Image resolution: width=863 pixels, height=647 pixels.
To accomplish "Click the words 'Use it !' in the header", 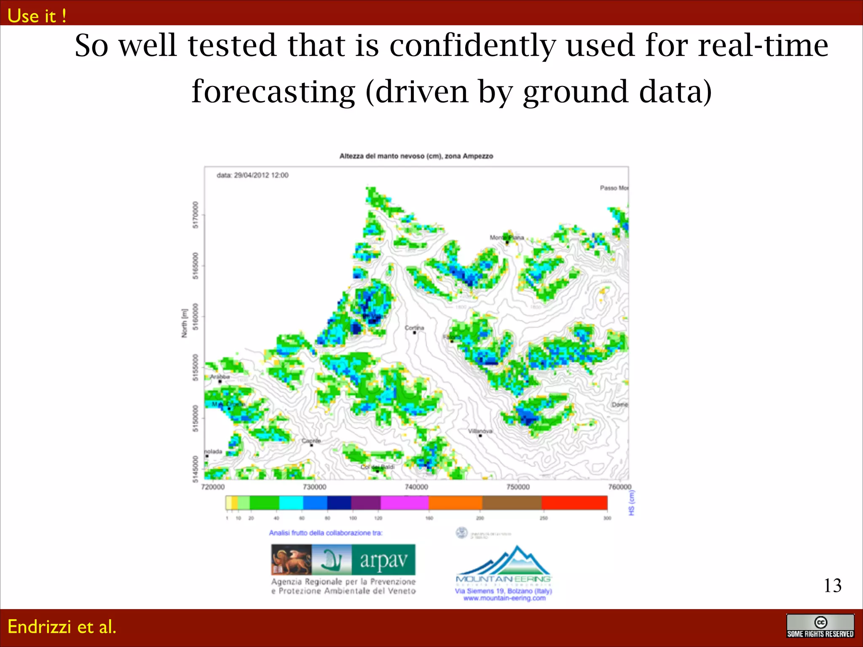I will (37, 16).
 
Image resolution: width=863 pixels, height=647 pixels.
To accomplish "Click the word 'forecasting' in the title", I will (273, 91).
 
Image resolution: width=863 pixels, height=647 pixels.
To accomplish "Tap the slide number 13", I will (832, 586).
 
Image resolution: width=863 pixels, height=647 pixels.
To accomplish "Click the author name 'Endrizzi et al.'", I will (62, 627).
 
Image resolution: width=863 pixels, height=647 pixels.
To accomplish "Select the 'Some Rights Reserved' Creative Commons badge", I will (820, 626).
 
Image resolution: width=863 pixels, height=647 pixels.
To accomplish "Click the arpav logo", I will (343, 560).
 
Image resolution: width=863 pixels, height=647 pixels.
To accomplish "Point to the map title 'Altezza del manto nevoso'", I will (416, 156).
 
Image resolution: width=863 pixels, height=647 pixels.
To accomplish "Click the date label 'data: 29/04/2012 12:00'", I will (252, 175).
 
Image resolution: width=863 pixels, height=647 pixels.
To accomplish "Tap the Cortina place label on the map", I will (414, 328).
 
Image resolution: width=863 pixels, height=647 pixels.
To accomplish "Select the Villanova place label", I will (480, 431).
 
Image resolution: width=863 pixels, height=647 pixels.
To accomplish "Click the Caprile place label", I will (311, 441).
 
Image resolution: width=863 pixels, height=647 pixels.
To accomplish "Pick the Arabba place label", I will (220, 377).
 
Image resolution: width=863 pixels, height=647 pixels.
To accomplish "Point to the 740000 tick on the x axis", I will (416, 487).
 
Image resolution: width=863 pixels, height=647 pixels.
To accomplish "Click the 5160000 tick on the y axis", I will (195, 317).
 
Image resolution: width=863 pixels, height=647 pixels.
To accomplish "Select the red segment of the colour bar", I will (574, 503).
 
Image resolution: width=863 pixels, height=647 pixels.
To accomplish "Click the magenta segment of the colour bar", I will (404, 503).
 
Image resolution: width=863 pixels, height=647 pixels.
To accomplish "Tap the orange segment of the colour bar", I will (455, 503).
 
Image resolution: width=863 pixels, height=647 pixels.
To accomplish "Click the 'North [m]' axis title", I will (184, 323).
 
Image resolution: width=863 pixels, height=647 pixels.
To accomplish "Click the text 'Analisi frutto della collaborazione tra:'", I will (326, 533).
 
